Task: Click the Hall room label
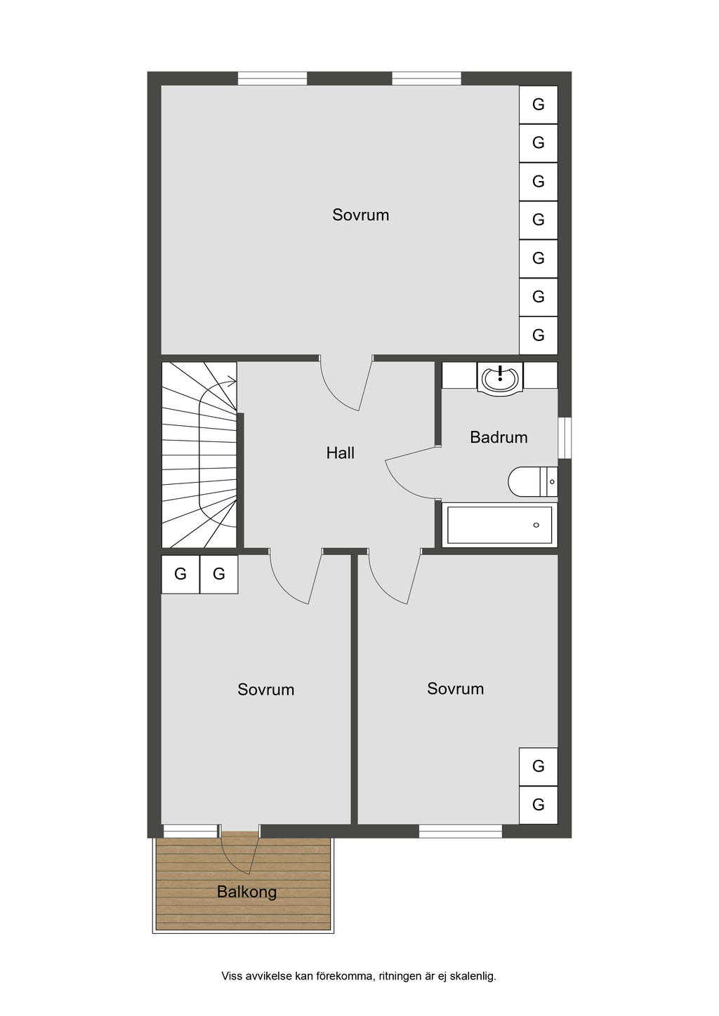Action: (x=340, y=453)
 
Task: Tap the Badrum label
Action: (x=499, y=437)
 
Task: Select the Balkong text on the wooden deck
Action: (x=246, y=892)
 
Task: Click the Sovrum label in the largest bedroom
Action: (x=360, y=215)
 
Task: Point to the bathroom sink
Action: (x=500, y=378)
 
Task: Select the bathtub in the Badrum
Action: (x=499, y=525)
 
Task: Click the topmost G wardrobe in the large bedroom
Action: (x=538, y=105)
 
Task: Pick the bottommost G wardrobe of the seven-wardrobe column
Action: (x=538, y=335)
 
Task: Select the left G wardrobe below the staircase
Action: (x=180, y=575)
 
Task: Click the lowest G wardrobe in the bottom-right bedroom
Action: (x=538, y=805)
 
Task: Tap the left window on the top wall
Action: (x=272, y=78)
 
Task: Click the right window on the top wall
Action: (x=426, y=78)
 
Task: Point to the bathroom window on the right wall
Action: (x=565, y=439)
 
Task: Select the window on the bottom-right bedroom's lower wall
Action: (x=461, y=831)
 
